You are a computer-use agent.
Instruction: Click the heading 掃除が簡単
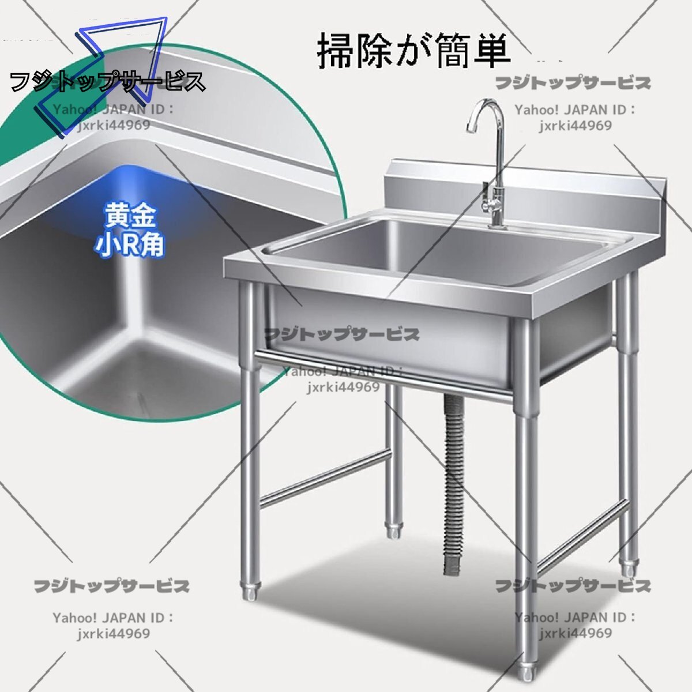pyautogui.click(x=413, y=51)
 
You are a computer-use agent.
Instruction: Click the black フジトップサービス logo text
pyautogui.click(x=108, y=81)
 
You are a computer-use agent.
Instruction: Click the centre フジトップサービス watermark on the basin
pyautogui.click(x=341, y=334)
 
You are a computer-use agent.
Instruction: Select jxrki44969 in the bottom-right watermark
pyautogui.click(x=575, y=633)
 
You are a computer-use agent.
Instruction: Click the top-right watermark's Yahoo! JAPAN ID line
pyautogui.click(x=575, y=110)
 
